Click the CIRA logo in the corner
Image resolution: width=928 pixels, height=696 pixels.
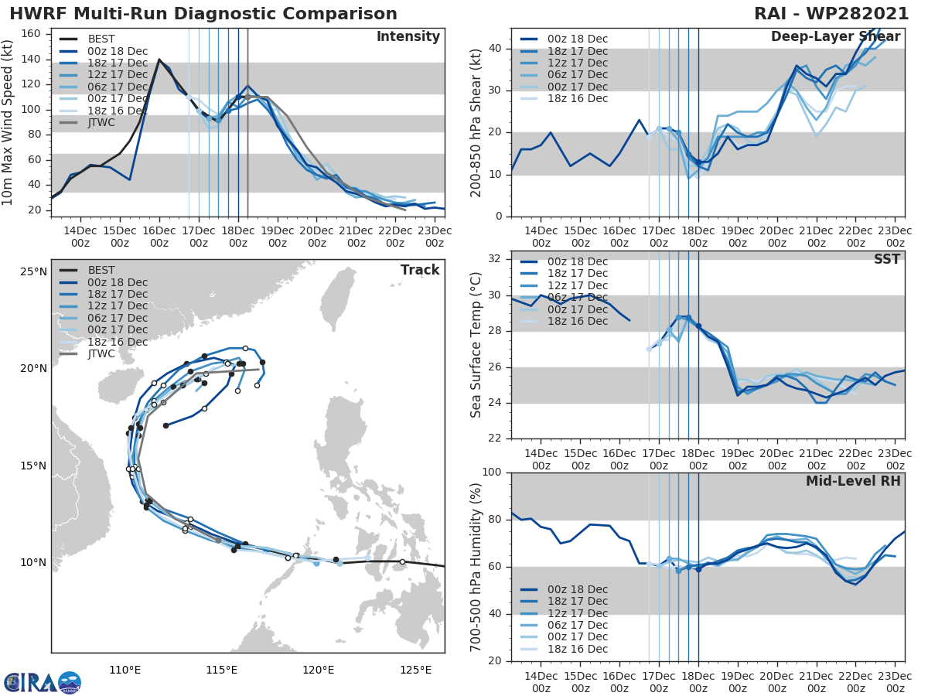pyautogui.click(x=43, y=682)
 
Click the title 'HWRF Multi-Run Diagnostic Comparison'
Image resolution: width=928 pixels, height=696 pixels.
pyautogui.click(x=203, y=14)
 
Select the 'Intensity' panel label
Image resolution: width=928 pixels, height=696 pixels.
pyautogui.click(x=408, y=37)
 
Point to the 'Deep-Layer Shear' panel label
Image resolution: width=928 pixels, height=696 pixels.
pyautogui.click(x=835, y=37)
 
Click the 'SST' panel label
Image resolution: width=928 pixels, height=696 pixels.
pyautogui.click(x=886, y=259)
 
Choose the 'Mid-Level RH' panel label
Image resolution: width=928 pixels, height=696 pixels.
pyautogui.click(x=853, y=481)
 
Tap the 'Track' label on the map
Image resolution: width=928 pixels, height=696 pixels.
pyautogui.click(x=420, y=270)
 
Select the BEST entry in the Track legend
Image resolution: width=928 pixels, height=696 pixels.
pyautogui.click(x=101, y=270)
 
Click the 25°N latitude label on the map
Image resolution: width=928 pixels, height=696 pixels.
pyautogui.click(x=33, y=271)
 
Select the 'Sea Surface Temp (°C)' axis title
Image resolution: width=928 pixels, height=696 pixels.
pyautogui.click(x=476, y=345)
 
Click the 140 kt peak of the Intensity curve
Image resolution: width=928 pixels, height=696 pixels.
pyautogui.click(x=159, y=60)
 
